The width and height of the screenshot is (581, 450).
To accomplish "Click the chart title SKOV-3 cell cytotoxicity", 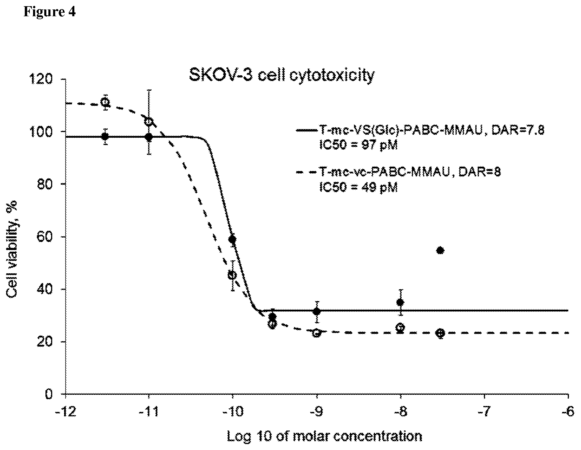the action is (x=282, y=75).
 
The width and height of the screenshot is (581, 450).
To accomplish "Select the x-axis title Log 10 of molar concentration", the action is (x=324, y=436).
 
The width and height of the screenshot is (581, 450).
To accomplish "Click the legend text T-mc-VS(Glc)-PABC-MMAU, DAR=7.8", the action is (x=432, y=131).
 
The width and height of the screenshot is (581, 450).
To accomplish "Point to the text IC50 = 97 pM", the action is (x=359, y=145).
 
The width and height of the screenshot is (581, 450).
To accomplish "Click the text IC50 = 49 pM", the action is (x=359, y=187).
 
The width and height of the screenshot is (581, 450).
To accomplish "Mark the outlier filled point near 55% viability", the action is (x=440, y=251).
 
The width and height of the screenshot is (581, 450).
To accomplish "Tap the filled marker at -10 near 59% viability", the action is (x=233, y=239).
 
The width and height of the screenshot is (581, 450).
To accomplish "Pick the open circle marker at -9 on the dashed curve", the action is (x=316, y=333).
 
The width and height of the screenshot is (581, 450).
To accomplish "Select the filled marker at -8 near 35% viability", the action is (x=400, y=302).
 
